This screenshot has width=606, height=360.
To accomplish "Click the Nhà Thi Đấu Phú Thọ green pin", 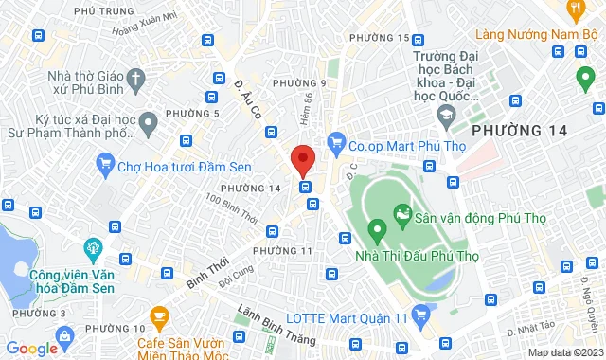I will tap(375, 228).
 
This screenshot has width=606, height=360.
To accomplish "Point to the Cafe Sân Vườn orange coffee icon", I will tap(159, 315).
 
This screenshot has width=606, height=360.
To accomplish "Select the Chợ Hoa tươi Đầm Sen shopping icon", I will tap(105, 167).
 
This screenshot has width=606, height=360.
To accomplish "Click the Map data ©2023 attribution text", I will tap(563, 352).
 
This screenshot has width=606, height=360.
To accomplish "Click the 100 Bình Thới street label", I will tap(231, 206).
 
